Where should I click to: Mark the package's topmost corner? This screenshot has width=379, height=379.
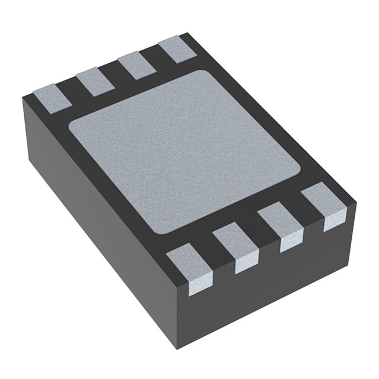click(x=188, y=34)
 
